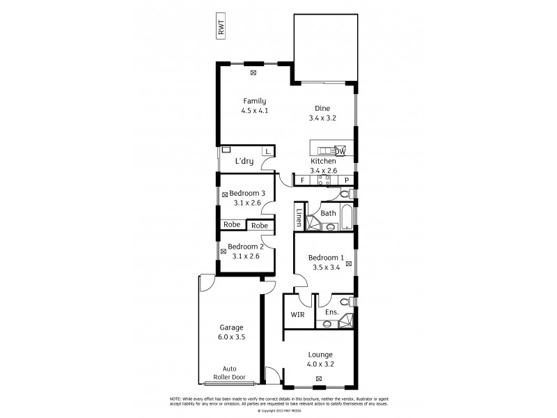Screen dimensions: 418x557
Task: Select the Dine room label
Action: click(322, 108)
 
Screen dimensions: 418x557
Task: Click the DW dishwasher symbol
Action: click(340, 151)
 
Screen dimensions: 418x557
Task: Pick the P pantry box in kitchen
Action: click(346, 180)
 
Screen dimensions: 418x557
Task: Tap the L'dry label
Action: click(244, 162)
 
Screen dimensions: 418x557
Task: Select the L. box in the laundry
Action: click(267, 151)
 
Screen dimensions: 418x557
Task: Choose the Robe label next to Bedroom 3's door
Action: click(260, 226)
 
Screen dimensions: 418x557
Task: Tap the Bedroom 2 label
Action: click(244, 247)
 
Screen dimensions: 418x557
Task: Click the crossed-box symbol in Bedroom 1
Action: click(348, 264)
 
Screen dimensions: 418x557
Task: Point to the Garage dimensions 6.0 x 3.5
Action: click(232, 337)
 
